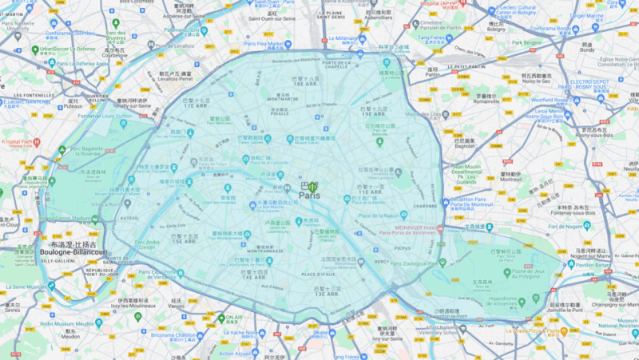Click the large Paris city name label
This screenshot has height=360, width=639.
(309, 195)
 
